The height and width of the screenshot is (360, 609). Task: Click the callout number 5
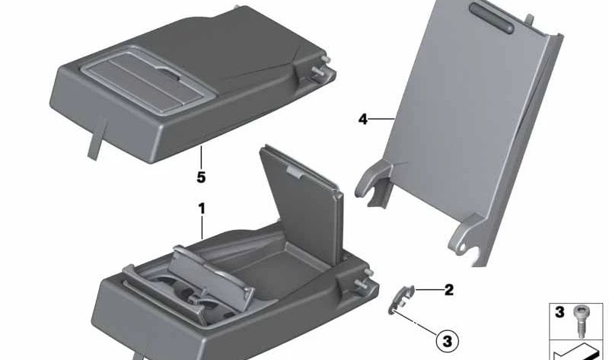pyautogui.click(x=201, y=177)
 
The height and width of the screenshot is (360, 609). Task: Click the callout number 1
pyautogui.click(x=202, y=209)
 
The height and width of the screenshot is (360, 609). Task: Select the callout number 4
pyautogui.click(x=363, y=119)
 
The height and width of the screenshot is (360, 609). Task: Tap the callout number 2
pyautogui.click(x=448, y=290)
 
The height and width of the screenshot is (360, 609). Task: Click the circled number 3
pyautogui.click(x=448, y=342)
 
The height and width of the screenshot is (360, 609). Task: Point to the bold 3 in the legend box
pyautogui.click(x=560, y=312)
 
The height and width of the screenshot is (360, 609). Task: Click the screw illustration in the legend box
pyautogui.click(x=579, y=321)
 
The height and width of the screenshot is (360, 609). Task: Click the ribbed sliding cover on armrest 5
pyautogui.click(x=148, y=81)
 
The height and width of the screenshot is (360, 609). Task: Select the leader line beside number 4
pyautogui.click(x=381, y=119)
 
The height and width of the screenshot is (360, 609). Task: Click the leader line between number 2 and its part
pyautogui.click(x=429, y=290)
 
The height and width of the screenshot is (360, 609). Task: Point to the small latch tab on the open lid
pyautogui.click(x=295, y=172)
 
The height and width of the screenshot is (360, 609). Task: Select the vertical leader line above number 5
pyautogui.click(x=201, y=158)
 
